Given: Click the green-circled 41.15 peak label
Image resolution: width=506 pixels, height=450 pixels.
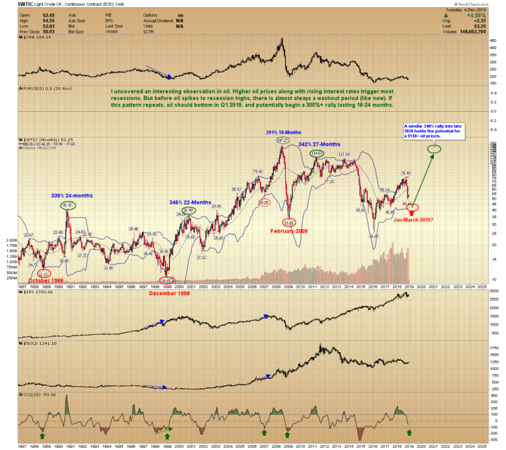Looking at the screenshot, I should coord(66,205).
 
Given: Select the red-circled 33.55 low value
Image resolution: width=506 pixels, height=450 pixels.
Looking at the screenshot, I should coord(289,222).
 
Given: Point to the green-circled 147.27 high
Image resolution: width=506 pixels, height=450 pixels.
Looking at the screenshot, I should coord(283,141).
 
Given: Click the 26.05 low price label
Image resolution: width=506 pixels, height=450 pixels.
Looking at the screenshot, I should coord(374,236).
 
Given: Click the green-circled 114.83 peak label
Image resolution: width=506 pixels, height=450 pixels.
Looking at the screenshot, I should coord(317,154).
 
